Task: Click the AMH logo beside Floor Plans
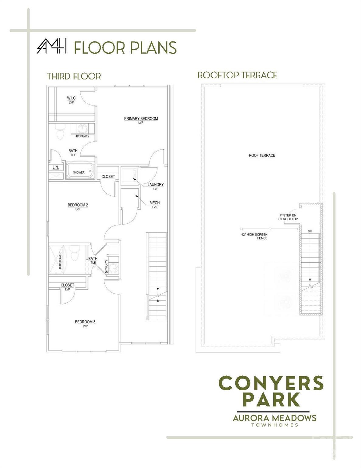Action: click(52, 46)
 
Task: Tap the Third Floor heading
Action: click(74, 76)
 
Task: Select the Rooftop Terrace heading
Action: click(237, 75)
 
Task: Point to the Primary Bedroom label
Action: click(141, 119)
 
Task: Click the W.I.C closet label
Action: click(71, 98)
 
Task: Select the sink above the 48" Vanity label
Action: click(82, 129)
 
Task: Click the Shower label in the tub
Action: click(79, 172)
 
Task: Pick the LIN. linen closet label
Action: click(55, 167)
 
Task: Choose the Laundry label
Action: click(156, 185)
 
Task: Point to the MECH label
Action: click(155, 203)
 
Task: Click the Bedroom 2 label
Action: click(78, 205)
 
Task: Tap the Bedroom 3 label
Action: click(85, 322)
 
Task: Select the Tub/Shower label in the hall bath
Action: click(60, 261)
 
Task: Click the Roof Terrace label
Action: click(262, 155)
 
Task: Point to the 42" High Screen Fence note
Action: click(254, 236)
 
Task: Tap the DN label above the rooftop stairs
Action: click(310, 231)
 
